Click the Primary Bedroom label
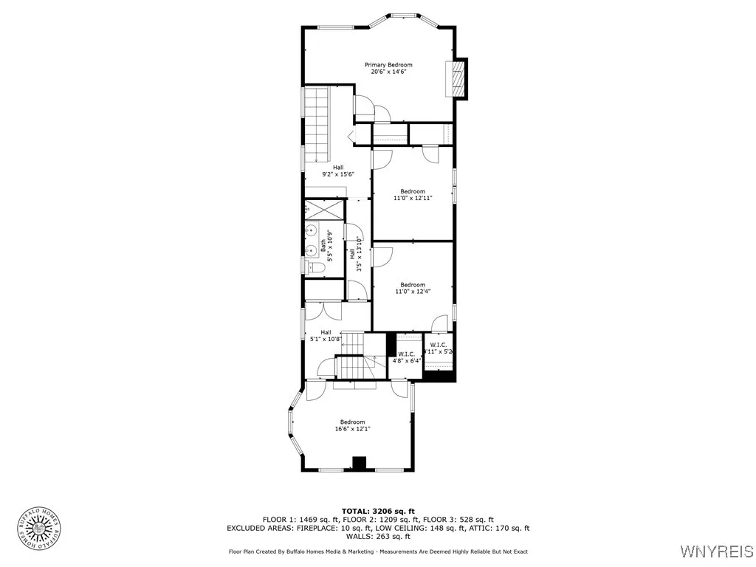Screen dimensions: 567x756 (x=388, y=65)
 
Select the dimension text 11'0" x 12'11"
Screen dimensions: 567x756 (x=412, y=198)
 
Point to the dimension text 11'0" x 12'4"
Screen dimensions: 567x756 (x=412, y=292)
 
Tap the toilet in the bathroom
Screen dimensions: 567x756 (x=312, y=267)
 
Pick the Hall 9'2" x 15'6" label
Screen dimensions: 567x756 (x=337, y=171)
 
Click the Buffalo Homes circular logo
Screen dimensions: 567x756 (x=38, y=527)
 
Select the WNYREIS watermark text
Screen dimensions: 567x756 (x=715, y=551)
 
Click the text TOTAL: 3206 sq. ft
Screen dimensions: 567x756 (x=378, y=511)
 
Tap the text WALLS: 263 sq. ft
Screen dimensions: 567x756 (x=378, y=536)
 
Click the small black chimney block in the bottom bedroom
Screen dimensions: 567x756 (x=359, y=464)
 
